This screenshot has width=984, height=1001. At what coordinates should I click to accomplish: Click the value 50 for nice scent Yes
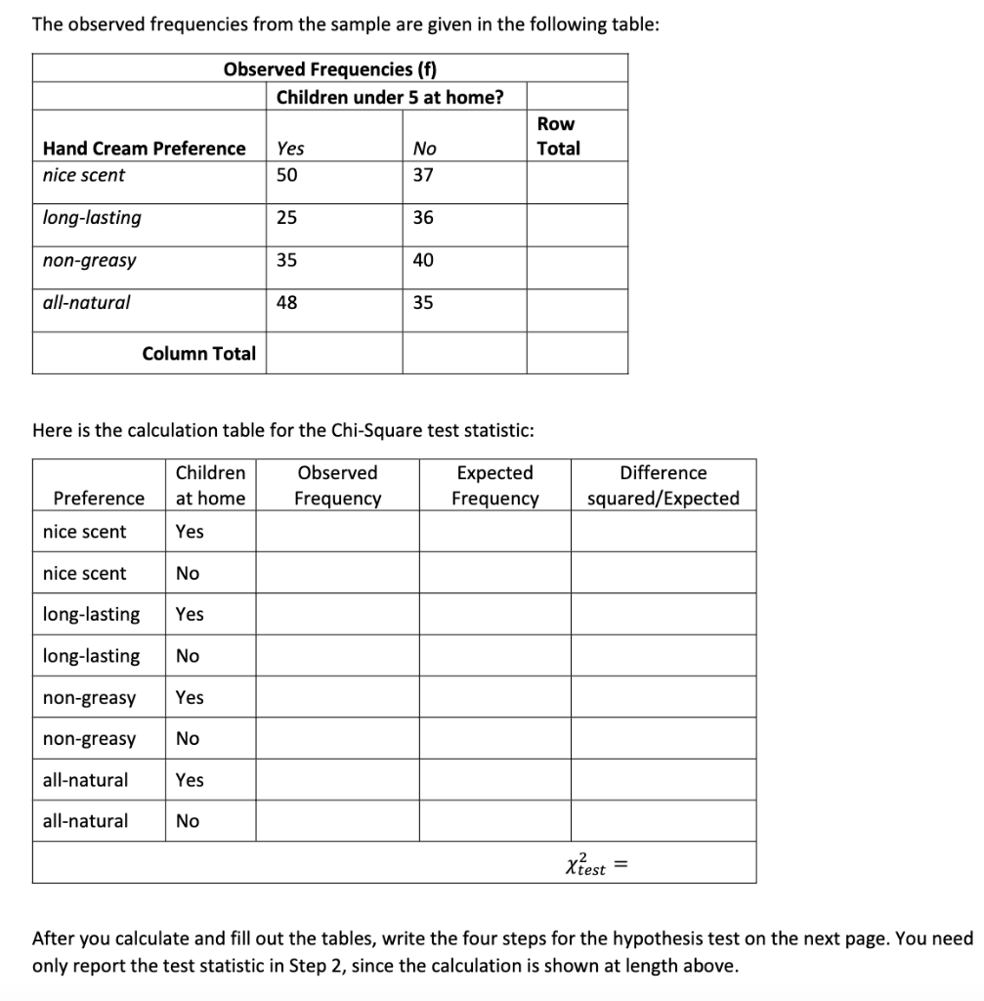pyautogui.click(x=286, y=175)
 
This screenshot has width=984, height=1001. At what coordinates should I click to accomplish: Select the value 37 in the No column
pyautogui.click(x=423, y=175)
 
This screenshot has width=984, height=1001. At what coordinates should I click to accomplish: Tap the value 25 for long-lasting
pyautogui.click(x=286, y=218)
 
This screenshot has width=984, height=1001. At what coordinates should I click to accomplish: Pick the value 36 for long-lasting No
pyautogui.click(x=423, y=218)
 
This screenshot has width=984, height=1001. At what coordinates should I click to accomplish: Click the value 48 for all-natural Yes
pyautogui.click(x=286, y=303)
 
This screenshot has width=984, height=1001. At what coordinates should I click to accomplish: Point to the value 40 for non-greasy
pyautogui.click(x=423, y=260)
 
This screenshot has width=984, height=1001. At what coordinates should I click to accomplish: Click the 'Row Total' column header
pyautogui.click(x=558, y=136)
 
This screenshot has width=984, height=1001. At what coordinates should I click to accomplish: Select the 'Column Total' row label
pyautogui.click(x=198, y=354)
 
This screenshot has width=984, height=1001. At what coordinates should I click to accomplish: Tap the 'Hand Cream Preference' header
pyautogui.click(x=145, y=149)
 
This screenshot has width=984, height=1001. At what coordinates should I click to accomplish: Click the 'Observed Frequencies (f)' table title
pyautogui.click(x=330, y=68)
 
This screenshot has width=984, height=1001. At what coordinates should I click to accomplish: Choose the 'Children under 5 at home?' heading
pyautogui.click(x=390, y=97)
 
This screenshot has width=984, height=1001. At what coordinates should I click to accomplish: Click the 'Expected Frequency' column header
pyautogui.click(x=494, y=486)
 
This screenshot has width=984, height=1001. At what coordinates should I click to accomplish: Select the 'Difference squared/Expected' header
pyautogui.click(x=663, y=486)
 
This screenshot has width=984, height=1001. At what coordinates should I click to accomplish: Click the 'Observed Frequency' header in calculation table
pyautogui.click(x=337, y=486)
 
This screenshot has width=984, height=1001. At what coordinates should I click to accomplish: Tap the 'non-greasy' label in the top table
pyautogui.click(x=89, y=261)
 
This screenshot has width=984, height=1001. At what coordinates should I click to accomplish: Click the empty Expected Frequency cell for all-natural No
pyautogui.click(x=494, y=821)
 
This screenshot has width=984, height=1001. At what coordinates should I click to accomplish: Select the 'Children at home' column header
pyautogui.click(x=210, y=486)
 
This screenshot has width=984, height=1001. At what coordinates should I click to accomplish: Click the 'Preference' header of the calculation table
pyautogui.click(x=99, y=499)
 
